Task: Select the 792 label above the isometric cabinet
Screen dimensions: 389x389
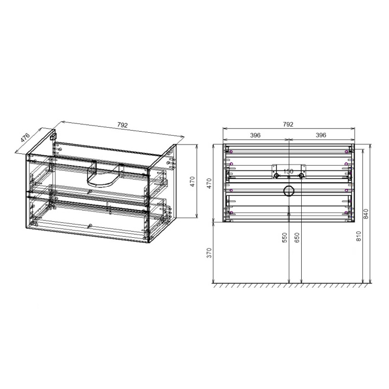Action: (123, 126)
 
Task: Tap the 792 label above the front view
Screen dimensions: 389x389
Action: (288, 126)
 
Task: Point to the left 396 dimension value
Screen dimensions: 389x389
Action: (256, 135)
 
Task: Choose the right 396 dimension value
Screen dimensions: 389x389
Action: (321, 135)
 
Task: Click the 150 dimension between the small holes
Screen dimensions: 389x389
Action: (288, 172)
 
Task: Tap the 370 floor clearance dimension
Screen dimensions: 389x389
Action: (210, 253)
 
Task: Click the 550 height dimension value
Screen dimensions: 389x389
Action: (285, 238)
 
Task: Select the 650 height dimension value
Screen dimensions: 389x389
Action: (297, 238)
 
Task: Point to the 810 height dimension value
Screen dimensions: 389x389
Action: (359, 236)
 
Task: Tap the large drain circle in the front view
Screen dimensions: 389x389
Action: (289, 192)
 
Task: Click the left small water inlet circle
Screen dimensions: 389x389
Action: (276, 176)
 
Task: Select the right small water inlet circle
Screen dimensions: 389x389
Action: (301, 176)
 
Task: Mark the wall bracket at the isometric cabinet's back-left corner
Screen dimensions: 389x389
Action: (53, 136)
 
